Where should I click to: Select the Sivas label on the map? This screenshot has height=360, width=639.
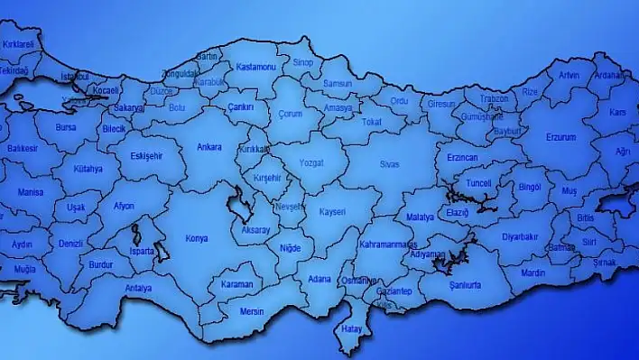pos(388,165)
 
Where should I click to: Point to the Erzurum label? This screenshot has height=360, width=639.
pos(560,137)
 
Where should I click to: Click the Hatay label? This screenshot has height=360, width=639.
pos(351,328)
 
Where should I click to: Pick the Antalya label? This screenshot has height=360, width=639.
pos(138,289)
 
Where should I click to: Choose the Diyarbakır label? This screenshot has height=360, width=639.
pos(520,237)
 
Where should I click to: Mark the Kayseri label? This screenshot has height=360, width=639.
pos(332,211)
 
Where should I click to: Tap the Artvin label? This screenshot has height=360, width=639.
pos(569,75)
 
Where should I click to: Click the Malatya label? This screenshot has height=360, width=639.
pos(420,217)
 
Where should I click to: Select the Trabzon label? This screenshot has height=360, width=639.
pos(494,98)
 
